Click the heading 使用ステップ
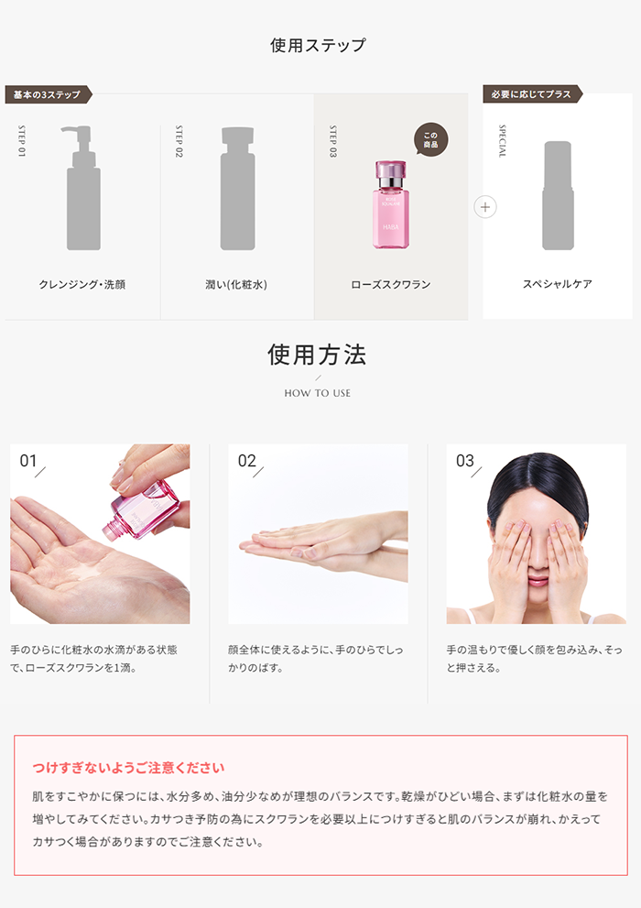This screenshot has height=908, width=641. click(x=318, y=45)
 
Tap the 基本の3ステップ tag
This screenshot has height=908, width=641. click(x=48, y=94)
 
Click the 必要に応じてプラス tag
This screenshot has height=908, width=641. click(x=532, y=93)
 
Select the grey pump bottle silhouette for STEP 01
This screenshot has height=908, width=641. click(x=82, y=188)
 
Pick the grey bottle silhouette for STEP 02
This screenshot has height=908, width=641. click(x=237, y=188)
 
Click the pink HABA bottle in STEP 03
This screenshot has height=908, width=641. click(x=390, y=204)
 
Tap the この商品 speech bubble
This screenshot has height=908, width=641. click(x=431, y=139)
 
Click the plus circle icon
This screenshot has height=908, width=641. click(x=485, y=207)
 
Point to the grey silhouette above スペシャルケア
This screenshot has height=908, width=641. click(x=558, y=195)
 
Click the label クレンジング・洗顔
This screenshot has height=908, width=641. click(x=82, y=284)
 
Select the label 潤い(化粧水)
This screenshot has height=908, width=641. click(x=236, y=284)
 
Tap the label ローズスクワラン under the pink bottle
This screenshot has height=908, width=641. click(x=391, y=284)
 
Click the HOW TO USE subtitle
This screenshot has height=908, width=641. click(x=318, y=393)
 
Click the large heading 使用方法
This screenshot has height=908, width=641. click(x=317, y=355)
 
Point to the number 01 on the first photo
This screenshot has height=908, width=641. click(x=28, y=461)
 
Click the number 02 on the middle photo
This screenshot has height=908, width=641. click(x=246, y=461)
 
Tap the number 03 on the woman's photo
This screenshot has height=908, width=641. click(x=464, y=461)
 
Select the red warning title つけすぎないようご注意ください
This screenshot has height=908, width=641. click(x=128, y=768)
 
